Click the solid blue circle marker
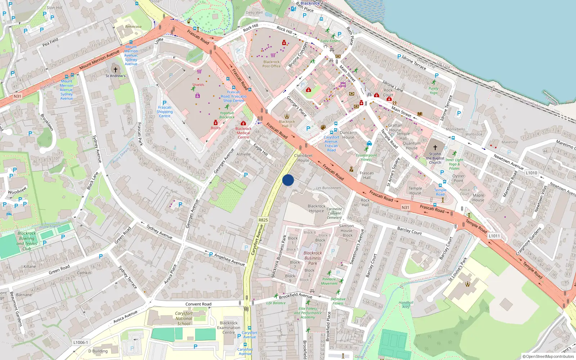pos(288,180)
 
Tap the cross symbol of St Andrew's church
pos(116,69)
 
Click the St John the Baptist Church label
pos(435,158)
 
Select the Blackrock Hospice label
pos(316,208)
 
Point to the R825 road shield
pos(263,220)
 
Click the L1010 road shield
pos(531,173)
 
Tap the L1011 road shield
pos(494,236)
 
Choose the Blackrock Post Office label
pos(271,64)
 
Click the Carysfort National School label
pos(184,318)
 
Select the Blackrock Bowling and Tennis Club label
pos(27,241)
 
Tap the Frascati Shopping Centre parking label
pos(165,111)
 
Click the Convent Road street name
pos(198,304)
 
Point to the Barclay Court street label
pos(409,230)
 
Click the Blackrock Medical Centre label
pos(243,133)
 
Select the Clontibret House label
pos(303,158)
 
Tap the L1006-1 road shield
pos(81,342)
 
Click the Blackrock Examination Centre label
pos(229,328)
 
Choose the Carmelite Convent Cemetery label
pos(334,213)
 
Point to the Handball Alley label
pos(406,305)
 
